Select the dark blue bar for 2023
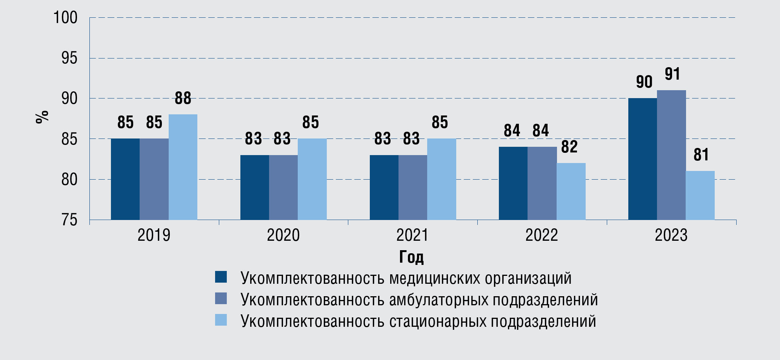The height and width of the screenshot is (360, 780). tap(642, 159)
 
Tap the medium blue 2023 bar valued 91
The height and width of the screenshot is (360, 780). tap(671, 155)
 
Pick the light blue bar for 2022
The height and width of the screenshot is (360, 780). tap(571, 191)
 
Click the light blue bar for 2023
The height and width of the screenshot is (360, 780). tap(700, 195)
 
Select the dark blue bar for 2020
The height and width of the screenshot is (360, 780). tap(254, 187)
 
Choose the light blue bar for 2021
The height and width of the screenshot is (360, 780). tap(442, 179)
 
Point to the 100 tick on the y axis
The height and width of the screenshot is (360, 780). tap(65, 18)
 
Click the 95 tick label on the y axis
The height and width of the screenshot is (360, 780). tap(69, 58)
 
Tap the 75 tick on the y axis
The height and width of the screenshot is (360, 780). tap(69, 220)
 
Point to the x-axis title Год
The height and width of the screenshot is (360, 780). tap(411, 257)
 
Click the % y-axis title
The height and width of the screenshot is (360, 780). tap(42, 117)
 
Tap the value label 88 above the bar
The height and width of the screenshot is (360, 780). tap(183, 98)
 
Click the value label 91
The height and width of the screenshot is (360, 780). tap(672, 74)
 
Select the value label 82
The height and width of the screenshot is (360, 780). tap(569, 147)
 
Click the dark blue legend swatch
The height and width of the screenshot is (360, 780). tap(221, 277)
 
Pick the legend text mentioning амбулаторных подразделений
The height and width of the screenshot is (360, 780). tap(419, 300)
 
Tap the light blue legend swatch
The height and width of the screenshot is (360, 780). tap(221, 320)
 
